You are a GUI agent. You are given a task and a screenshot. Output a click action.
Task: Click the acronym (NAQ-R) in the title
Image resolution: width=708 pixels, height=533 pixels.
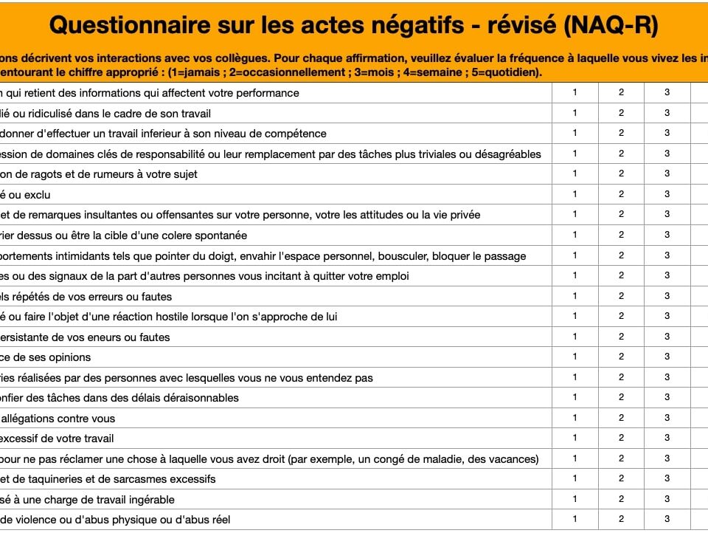611,26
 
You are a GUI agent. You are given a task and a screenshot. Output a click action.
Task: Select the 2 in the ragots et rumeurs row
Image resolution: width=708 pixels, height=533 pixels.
621,174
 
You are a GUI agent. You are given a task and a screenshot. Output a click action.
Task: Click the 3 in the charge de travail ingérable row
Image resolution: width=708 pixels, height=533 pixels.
667,499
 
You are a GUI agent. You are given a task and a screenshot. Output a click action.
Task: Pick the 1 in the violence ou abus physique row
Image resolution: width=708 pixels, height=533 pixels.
575,519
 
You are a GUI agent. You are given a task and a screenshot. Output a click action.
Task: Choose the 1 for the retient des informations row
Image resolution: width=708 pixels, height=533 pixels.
575,93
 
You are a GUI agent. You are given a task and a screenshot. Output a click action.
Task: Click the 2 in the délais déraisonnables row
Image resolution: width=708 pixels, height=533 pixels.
621,398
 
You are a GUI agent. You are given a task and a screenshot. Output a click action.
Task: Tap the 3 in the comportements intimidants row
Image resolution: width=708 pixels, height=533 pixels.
667,255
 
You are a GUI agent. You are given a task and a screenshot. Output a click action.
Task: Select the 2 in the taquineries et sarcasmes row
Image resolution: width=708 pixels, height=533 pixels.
621,479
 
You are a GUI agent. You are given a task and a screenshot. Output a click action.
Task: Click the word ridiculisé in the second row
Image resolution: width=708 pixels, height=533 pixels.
44,114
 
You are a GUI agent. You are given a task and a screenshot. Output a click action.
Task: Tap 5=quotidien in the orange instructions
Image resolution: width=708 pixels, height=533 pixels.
507,72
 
